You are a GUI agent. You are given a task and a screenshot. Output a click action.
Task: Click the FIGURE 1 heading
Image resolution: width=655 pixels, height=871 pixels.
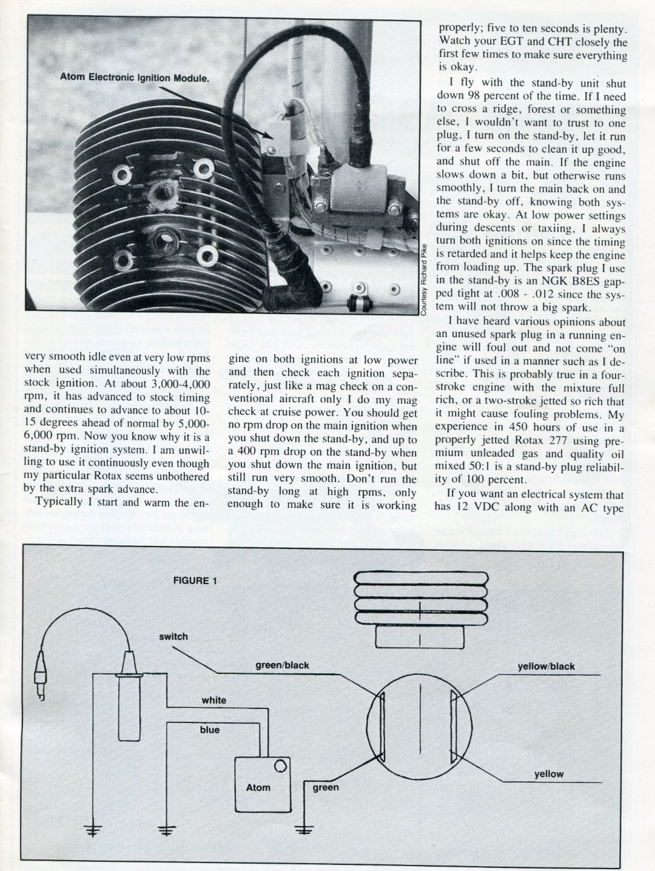click(195, 580)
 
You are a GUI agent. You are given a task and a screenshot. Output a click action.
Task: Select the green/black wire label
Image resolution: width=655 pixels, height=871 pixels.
click(282, 665)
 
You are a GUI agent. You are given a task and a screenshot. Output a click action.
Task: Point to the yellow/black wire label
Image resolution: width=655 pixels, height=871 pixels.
click(546, 666)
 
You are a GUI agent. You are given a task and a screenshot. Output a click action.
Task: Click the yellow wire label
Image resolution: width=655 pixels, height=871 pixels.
click(548, 774)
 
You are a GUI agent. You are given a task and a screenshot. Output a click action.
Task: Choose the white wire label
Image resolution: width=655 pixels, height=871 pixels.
click(213, 700)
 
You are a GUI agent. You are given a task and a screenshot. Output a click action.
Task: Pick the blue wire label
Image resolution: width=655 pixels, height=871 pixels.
click(210, 730)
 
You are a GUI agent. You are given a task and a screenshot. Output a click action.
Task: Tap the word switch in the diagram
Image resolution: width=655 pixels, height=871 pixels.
click(173, 636)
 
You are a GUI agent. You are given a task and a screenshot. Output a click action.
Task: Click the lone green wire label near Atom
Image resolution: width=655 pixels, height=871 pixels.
click(326, 787)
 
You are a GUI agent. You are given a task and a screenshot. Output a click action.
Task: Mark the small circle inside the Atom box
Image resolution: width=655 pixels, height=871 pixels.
click(280, 767)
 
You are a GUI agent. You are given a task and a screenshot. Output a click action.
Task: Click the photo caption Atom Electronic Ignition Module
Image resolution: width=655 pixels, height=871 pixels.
click(134, 78)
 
